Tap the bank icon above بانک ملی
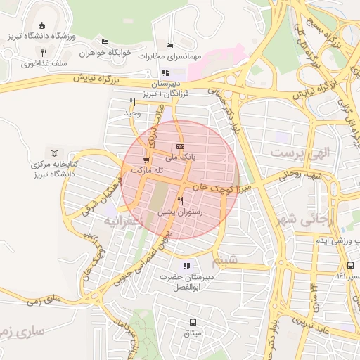(x=180, y=146)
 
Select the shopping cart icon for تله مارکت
(x=146, y=160)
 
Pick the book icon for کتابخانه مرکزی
(x=54, y=153)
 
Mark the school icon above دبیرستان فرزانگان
(x=165, y=72)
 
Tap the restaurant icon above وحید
(x=132, y=103)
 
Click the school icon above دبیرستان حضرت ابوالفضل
(x=186, y=266)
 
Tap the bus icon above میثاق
(x=192, y=321)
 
